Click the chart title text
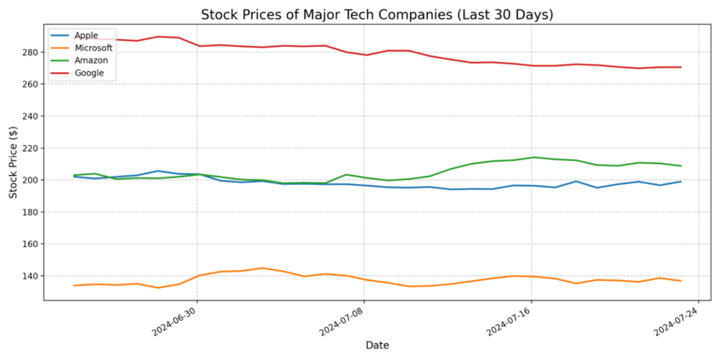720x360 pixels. pos(377,14)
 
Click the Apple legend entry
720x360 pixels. pos(86,36)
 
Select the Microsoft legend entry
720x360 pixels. pos(93,48)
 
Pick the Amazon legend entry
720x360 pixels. pos(90,60)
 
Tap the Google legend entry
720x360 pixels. pos(89,73)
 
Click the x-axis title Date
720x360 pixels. pos(377,346)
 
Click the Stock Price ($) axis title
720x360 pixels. pos(14,162)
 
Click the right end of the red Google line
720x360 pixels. pos(681,67)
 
